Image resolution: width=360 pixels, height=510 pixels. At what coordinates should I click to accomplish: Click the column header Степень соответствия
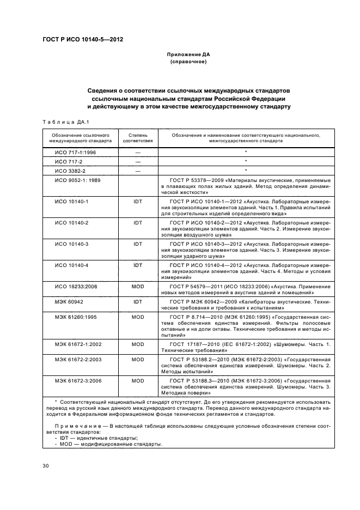pos(138,137)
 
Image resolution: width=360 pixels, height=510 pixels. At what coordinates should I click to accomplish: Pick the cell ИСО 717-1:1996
pos(75,152)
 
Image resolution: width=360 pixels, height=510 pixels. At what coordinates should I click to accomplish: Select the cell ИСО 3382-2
pos(70,171)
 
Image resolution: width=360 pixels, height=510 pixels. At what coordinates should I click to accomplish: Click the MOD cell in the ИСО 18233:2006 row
pos(138,285)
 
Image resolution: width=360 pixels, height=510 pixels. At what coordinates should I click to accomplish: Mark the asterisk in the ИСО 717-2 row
pos(246,162)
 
